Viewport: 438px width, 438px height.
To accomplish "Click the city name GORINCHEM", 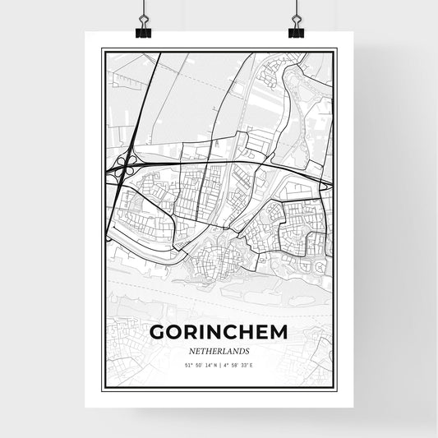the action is click(x=219, y=333).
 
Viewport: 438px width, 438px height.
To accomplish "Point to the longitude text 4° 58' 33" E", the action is click(x=239, y=365).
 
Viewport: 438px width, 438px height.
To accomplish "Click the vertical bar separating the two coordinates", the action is click(x=219, y=365).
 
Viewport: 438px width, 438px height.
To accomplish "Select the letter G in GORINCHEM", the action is click(x=158, y=333).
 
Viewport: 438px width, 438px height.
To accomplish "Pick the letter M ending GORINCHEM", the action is click(x=279, y=333).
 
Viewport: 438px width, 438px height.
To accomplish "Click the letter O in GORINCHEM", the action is click(x=175, y=333).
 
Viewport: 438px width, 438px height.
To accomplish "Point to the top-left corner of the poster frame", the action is click(x=102, y=49).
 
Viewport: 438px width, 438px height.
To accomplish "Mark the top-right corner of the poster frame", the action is click(x=335, y=49).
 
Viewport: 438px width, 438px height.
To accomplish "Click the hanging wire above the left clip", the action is click(x=141, y=8).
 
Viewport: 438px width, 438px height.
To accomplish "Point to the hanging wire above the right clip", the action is click(x=296, y=8).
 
